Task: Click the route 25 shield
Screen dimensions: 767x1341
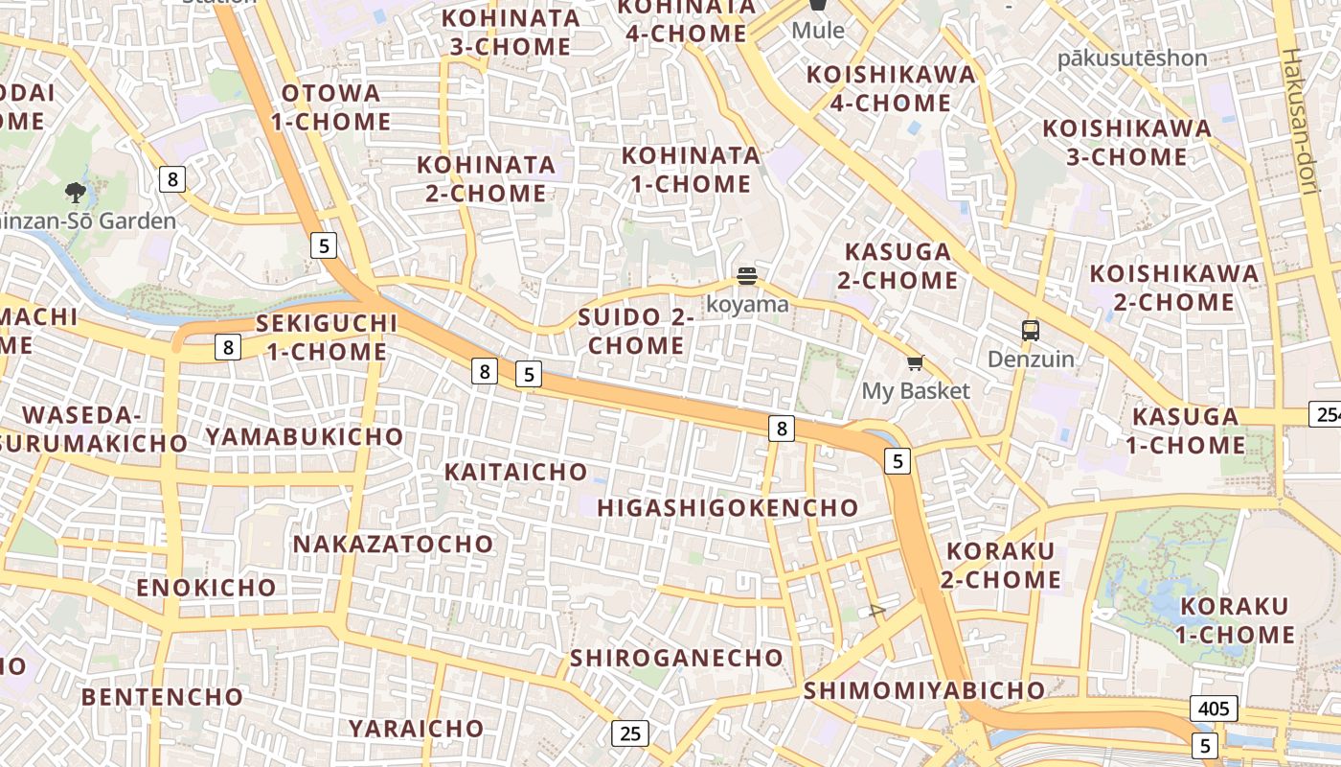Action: [629, 733]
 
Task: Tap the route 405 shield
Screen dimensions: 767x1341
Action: [1214, 709]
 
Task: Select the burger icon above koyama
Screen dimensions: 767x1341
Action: [747, 277]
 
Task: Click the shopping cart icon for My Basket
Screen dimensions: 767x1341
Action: [915, 362]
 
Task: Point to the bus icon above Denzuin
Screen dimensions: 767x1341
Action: [1031, 331]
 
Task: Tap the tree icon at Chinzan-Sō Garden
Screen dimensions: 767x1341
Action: [76, 193]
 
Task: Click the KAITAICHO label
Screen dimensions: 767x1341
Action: [515, 472]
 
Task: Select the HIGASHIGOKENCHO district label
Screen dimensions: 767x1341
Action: [728, 508]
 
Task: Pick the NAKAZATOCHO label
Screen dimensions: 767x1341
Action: [393, 545]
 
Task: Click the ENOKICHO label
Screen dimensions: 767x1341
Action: [206, 587]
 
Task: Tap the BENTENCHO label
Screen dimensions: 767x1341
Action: [162, 697]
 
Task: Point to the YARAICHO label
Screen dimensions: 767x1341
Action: [416, 729]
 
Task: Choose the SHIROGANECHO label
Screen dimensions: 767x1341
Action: [676, 659]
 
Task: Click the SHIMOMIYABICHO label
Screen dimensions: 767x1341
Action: [924, 690]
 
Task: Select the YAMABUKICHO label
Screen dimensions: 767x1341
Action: [304, 437]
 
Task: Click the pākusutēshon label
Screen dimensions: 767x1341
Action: [1131, 58]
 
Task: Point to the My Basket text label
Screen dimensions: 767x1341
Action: [916, 391]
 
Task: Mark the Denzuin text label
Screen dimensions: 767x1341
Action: [1031, 360]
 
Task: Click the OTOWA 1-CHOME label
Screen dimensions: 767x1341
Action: [330, 107]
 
